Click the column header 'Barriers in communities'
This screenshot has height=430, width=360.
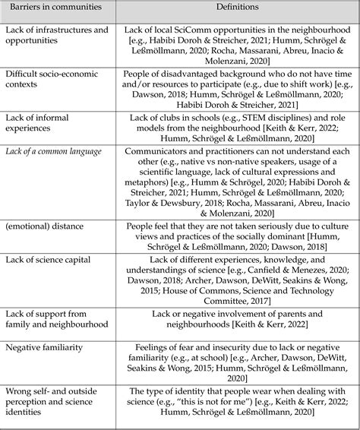click(52, 8)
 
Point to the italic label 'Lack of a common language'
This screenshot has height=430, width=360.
click(53, 151)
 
